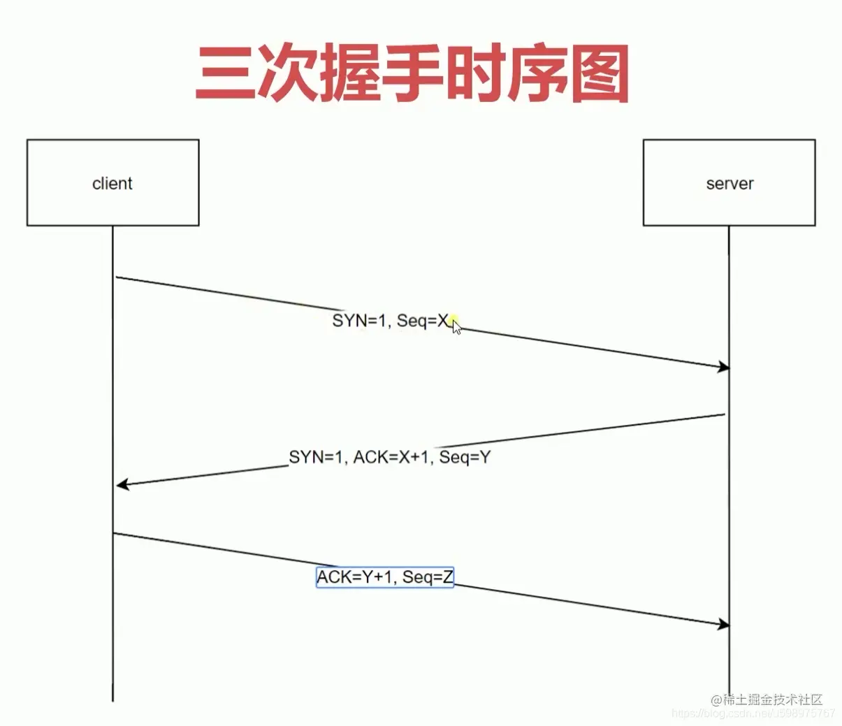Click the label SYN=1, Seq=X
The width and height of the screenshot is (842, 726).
(x=391, y=321)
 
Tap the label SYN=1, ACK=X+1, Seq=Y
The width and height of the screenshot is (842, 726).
(x=390, y=458)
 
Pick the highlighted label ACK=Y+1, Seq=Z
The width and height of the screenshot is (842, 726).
(x=385, y=577)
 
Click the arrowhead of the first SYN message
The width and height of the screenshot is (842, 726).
(x=723, y=368)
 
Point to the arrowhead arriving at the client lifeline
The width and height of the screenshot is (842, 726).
(x=122, y=484)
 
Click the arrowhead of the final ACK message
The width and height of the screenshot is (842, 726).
(x=723, y=624)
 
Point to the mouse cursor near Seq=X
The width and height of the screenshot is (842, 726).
(x=456, y=326)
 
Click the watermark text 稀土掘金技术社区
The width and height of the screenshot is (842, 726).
(x=772, y=699)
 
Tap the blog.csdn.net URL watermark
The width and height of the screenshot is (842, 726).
(x=753, y=713)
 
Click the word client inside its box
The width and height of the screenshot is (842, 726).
(x=112, y=184)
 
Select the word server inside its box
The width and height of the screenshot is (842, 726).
(x=730, y=184)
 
